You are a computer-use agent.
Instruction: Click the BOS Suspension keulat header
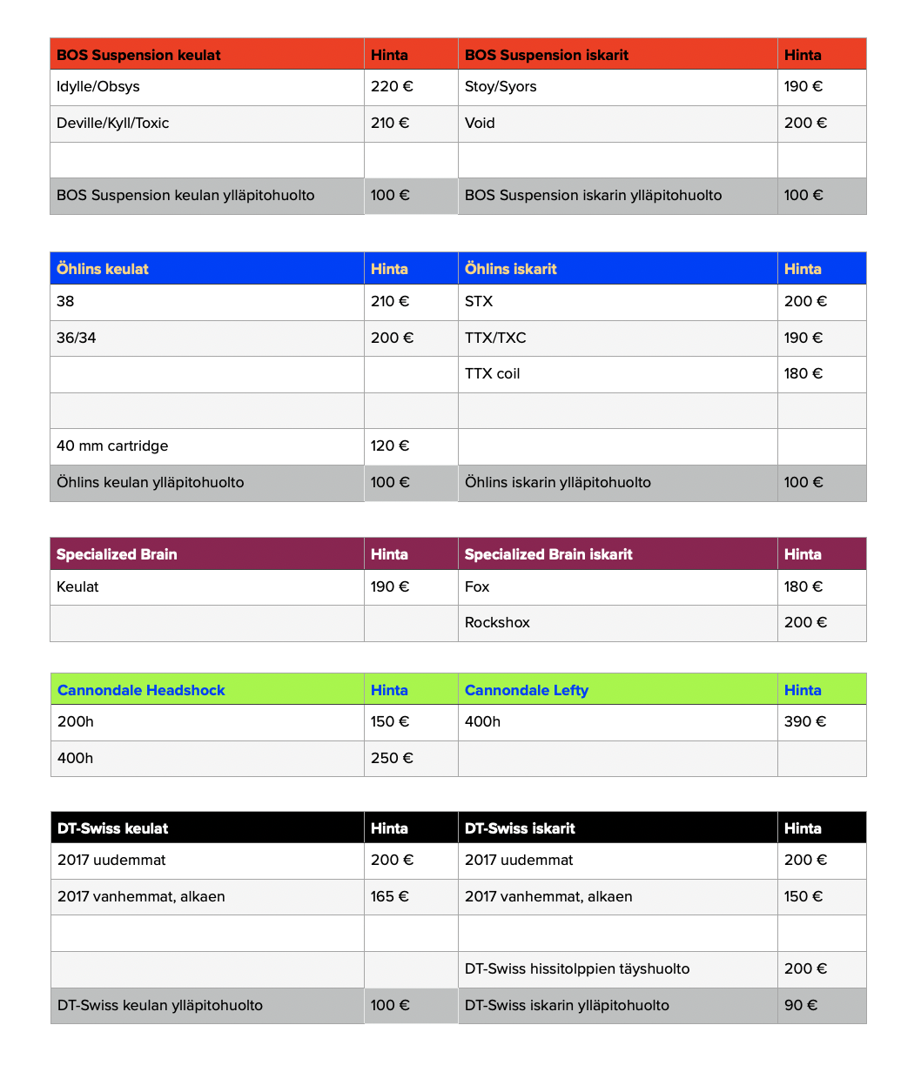pyautogui.click(x=138, y=55)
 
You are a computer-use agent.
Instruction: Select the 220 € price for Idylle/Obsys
pyautogui.click(x=391, y=87)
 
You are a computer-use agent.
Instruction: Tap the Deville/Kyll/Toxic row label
pyautogui.click(x=113, y=124)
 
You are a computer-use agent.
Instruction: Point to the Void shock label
pyautogui.click(x=480, y=124)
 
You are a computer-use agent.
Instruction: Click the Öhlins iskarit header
pyautogui.click(x=511, y=269)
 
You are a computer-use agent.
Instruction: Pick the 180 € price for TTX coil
pyautogui.click(x=803, y=374)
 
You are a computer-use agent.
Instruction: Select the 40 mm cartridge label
pyautogui.click(x=112, y=446)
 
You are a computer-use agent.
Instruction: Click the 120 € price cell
pyautogui.click(x=390, y=446)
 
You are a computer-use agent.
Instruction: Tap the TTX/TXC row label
pyautogui.click(x=495, y=338)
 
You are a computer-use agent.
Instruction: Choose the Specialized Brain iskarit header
pyautogui.click(x=548, y=554)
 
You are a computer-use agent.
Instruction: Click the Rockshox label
pyautogui.click(x=497, y=623)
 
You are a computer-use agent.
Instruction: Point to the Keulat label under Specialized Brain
pyautogui.click(x=77, y=587)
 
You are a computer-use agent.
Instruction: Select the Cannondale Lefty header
pyautogui.click(x=527, y=690)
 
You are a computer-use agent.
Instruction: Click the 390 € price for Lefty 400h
pyautogui.click(x=805, y=722)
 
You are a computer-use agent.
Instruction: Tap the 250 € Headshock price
pyautogui.click(x=392, y=759)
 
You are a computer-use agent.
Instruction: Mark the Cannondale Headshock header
pyautogui.click(x=141, y=690)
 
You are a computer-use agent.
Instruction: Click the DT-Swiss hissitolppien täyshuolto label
pyautogui.click(x=577, y=969)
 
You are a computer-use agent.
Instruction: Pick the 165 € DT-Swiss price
pyautogui.click(x=390, y=897)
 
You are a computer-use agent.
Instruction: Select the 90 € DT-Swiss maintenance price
pyautogui.click(x=801, y=1006)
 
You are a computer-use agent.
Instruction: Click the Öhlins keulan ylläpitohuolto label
pyautogui.click(x=150, y=483)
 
